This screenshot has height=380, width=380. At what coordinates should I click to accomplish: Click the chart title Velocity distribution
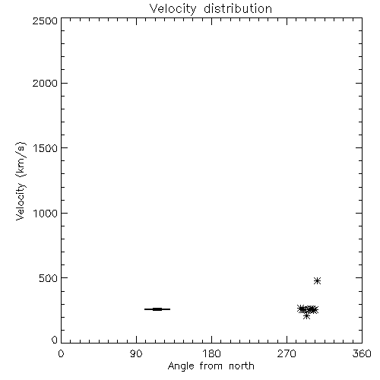click(211, 9)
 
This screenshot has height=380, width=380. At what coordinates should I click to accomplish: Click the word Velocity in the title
click(173, 9)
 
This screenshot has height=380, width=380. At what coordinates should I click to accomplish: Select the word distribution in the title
click(238, 8)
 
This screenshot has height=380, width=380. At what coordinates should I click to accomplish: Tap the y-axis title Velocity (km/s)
click(21, 181)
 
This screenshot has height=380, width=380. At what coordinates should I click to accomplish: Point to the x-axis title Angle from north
click(211, 366)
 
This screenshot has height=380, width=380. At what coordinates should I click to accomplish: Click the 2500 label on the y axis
click(45, 21)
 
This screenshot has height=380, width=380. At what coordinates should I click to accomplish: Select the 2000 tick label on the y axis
click(45, 83)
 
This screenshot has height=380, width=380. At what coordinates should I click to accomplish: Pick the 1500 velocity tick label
click(46, 148)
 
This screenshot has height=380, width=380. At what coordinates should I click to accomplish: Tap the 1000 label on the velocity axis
click(46, 214)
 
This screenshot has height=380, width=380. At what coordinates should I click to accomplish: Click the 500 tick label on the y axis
click(49, 278)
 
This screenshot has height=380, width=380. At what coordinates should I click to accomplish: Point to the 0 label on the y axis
click(55, 340)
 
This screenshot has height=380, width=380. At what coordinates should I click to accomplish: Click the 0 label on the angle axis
click(61, 353)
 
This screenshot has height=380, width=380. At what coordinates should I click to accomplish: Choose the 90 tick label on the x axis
click(136, 353)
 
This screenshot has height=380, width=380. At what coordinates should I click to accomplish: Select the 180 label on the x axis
click(211, 353)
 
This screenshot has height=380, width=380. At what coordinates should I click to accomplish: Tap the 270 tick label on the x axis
click(287, 353)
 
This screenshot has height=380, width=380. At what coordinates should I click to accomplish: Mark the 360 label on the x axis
click(362, 353)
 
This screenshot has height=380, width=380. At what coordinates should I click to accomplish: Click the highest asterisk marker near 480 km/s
click(317, 280)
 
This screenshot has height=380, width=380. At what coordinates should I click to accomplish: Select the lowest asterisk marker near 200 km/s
click(306, 316)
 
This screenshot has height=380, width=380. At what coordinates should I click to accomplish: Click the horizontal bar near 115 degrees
click(157, 309)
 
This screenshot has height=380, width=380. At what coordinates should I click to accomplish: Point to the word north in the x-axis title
click(242, 366)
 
